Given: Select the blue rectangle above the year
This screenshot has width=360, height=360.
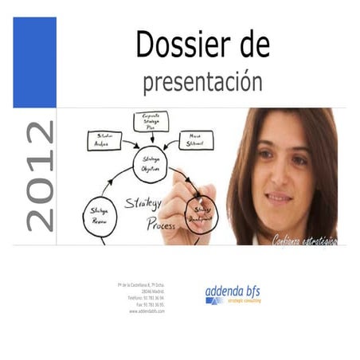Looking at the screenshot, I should pyautogui.click(x=34, y=62).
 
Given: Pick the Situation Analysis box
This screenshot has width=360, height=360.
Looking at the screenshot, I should pyautogui.click(x=104, y=140).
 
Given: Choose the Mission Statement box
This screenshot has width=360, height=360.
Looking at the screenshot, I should pyautogui.click(x=195, y=140).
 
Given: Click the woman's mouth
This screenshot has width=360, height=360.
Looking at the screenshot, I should pyautogui.click(x=278, y=197).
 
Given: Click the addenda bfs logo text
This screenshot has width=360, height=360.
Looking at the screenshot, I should pyautogui.click(x=233, y=292).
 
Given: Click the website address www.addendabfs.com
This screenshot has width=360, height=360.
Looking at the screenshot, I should pyautogui.click(x=147, y=311).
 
